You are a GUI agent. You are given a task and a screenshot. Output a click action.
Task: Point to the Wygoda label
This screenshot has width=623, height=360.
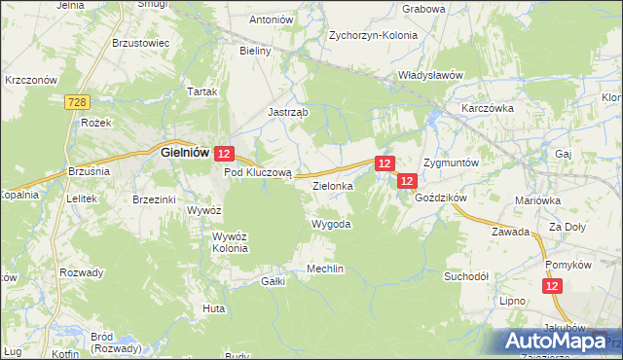330,224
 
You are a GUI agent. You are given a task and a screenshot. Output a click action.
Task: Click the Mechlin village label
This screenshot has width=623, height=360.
325,269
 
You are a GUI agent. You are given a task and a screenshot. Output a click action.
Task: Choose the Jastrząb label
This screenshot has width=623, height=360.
288,112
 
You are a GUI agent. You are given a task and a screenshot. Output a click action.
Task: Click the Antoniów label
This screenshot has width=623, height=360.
272,19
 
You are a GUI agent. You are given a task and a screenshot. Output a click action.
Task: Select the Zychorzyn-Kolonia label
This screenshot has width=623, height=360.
373,34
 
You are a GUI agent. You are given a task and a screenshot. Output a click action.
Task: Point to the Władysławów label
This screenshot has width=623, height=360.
428,74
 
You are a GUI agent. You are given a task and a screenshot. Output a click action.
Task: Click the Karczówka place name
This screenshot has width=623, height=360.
487,108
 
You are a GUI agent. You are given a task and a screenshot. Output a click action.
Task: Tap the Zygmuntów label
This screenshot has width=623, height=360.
451,162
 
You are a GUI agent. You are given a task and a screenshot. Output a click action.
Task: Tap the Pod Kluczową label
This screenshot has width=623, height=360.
258,172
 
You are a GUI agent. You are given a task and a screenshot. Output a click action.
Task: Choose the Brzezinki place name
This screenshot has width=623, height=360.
153,198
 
